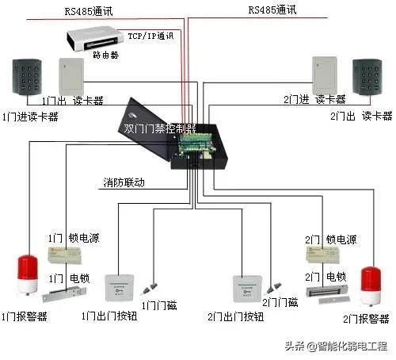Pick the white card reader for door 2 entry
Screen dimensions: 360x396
pyautogui.click(x=326, y=75)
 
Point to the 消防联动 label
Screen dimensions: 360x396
pyautogui.click(x=124, y=183)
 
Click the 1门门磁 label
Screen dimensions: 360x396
pyautogui.click(x=159, y=304)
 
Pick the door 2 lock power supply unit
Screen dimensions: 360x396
pyautogui.click(x=323, y=253)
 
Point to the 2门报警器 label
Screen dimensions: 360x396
pyautogui.click(x=365, y=319)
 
